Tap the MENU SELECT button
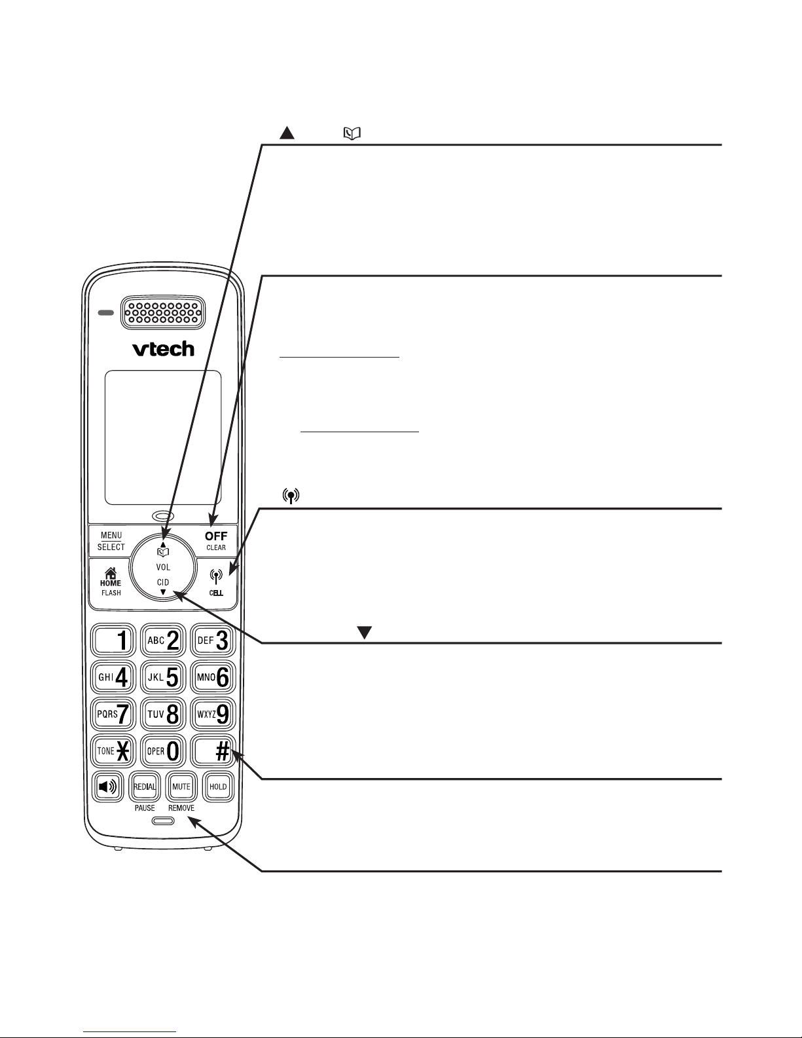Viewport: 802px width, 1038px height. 111,541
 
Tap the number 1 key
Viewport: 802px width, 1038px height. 113,640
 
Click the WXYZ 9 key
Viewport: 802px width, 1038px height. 213,714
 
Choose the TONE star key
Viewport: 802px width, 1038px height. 113,751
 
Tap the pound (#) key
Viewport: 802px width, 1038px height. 213,751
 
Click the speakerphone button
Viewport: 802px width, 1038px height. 108,787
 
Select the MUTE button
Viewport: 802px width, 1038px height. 181,787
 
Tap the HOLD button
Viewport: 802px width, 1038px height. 218,787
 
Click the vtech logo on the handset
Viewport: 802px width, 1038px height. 163,349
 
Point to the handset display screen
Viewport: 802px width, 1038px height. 163,437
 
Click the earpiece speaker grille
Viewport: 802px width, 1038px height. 163,312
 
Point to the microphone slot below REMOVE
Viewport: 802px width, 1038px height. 163,821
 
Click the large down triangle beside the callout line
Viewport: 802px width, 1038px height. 364,632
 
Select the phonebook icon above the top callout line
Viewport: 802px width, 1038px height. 352,134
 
